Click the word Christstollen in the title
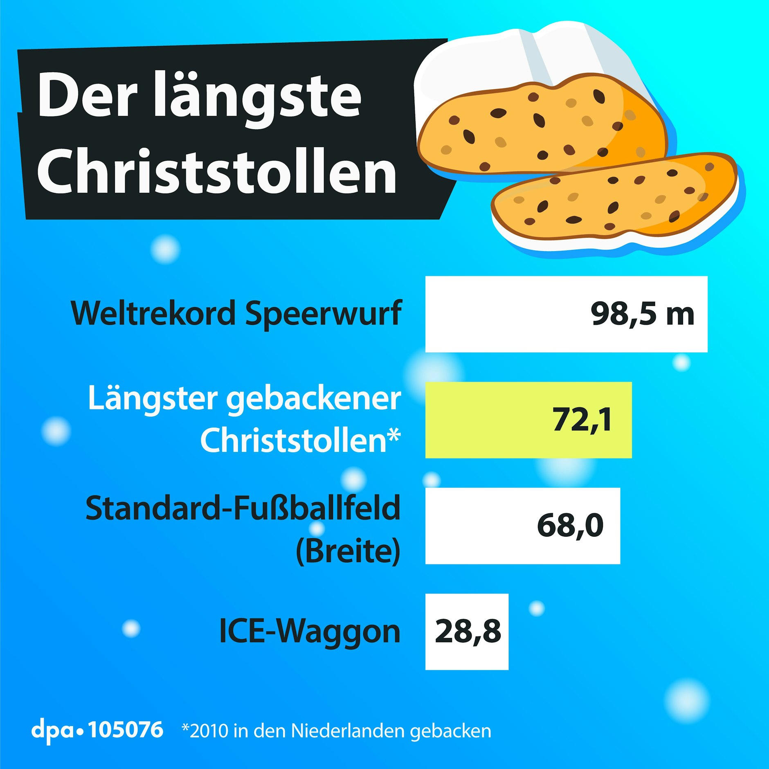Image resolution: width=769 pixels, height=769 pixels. point(217,171)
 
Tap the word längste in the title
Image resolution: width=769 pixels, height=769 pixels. point(257,98)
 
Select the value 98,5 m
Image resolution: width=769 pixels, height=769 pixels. point(642,314)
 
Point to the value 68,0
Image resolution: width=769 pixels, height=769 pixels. point(570,526)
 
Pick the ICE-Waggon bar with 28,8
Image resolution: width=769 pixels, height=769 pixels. point(467,632)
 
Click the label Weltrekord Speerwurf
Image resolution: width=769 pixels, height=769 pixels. point(236,313)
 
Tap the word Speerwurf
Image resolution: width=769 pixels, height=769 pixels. point(323,313)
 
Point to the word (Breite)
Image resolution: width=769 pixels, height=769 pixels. point(348,551)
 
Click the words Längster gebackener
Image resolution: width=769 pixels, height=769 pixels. point(244,398)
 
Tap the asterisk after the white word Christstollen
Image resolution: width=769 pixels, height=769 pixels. point(393,436)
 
